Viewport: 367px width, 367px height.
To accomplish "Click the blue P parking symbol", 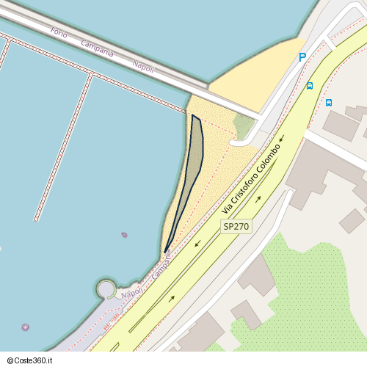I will point(302,57).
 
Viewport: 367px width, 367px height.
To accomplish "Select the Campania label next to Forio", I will point(98,49).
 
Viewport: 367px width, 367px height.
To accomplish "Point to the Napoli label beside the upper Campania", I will point(143,66).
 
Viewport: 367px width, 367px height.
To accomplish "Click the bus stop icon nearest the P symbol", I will point(309,86).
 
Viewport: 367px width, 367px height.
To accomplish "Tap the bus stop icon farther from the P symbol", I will point(329,103).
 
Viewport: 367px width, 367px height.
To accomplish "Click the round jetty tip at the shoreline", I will point(106,287).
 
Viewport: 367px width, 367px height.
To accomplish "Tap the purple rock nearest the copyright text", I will point(26,327).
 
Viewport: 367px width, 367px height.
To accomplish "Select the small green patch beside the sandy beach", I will point(244,126).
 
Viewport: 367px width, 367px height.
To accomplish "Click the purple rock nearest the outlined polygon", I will point(124,235).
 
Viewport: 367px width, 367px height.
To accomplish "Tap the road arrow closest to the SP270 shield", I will point(258,200).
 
